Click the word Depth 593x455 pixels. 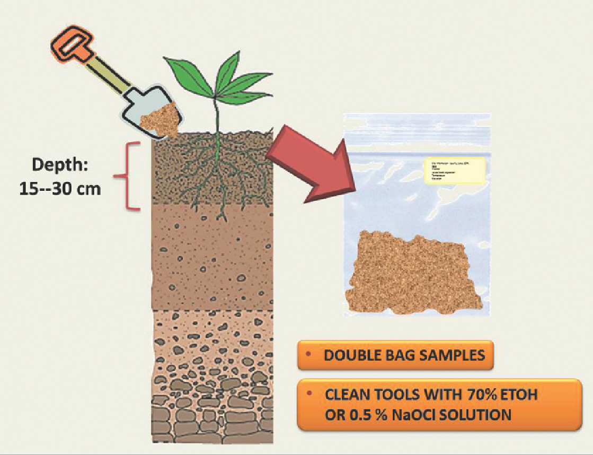(59, 164)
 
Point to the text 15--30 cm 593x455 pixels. (59, 189)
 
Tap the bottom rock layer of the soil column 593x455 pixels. (212, 419)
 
